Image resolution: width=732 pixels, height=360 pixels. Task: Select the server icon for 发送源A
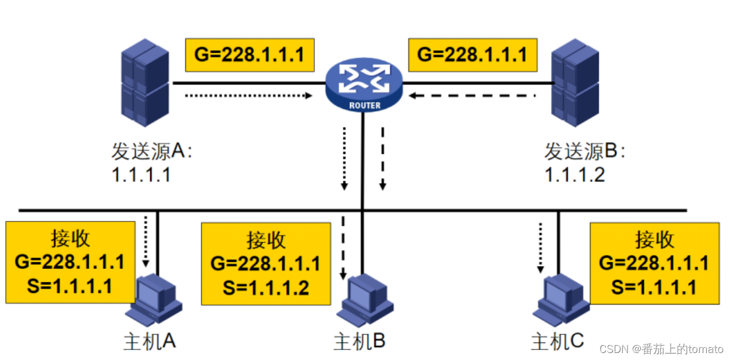pyautogui.click(x=145, y=84)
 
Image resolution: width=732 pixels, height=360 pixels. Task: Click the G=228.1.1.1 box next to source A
pyautogui.click(x=249, y=56)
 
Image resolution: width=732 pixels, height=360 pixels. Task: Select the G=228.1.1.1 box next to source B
pyautogui.click(x=472, y=55)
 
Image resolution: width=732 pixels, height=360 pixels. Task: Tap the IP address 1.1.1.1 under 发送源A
pyautogui.click(x=141, y=175)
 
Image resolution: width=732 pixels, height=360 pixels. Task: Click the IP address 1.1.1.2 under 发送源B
pyautogui.click(x=574, y=175)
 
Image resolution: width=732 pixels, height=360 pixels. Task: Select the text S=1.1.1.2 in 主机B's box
pyautogui.click(x=266, y=288)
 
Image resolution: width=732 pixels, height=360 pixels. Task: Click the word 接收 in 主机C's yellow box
pyautogui.click(x=654, y=240)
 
